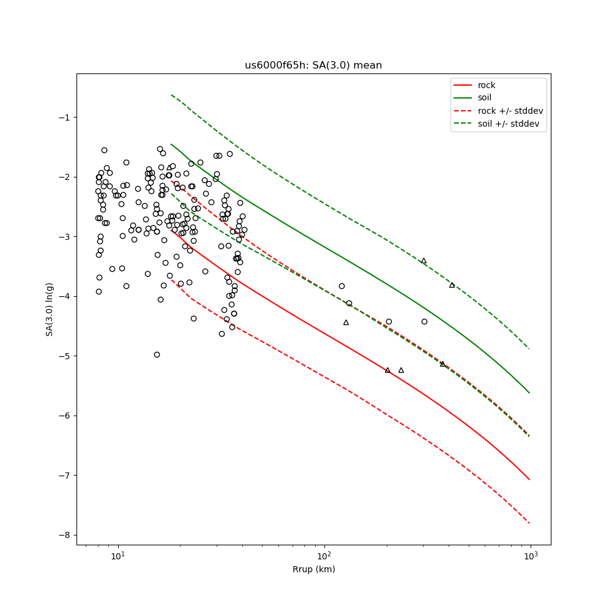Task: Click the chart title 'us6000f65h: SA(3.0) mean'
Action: click(313, 65)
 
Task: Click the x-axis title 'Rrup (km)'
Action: click(313, 569)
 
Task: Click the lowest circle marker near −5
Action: click(157, 354)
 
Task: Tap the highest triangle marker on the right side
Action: click(424, 261)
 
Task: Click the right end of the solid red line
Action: click(529, 479)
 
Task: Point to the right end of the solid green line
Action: click(529, 393)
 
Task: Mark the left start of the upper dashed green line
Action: click(171, 95)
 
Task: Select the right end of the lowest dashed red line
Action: click(529, 523)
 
